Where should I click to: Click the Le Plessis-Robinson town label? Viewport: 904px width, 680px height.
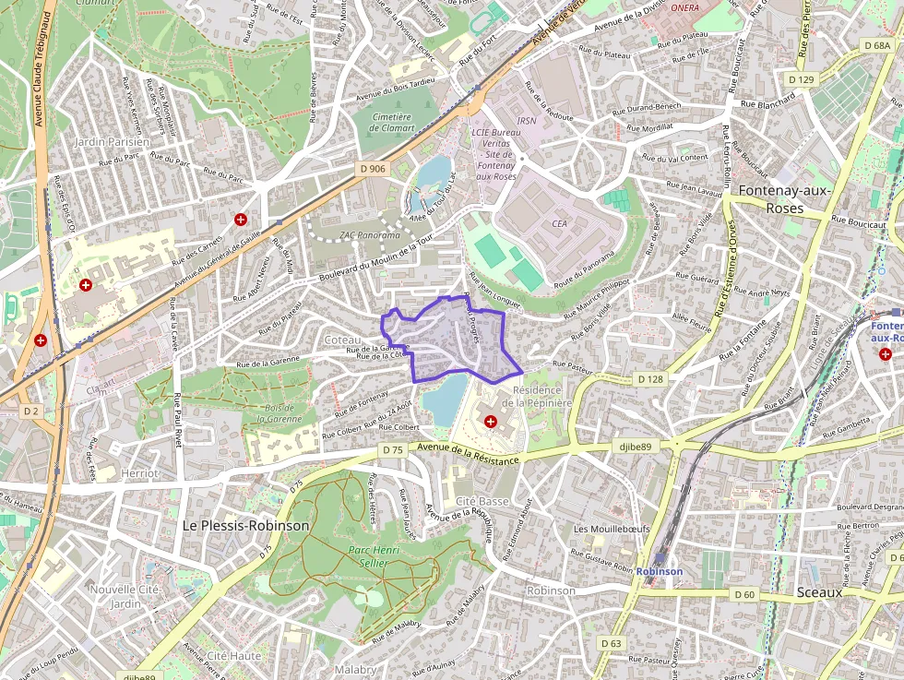point(245,525)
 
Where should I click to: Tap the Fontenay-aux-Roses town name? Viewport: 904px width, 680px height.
point(785,199)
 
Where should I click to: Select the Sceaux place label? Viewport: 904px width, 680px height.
point(819,592)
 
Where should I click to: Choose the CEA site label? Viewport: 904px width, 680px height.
point(559,222)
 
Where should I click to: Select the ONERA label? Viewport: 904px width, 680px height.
point(684,7)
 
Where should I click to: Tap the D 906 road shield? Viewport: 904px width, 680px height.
point(373,168)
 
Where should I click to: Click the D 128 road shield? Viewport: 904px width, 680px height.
point(650,379)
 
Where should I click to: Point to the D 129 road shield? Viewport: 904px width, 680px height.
point(803,80)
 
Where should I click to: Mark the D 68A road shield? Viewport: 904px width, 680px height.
point(877,45)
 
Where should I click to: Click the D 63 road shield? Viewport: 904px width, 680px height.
point(611,642)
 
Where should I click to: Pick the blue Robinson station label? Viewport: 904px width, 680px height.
point(660,571)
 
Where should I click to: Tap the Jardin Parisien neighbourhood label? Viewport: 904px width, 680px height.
point(111,142)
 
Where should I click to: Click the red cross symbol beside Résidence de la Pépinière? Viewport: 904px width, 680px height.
point(490,421)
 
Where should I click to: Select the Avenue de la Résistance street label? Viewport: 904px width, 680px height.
point(468,452)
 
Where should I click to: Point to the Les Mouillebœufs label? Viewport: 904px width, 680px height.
point(612,529)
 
